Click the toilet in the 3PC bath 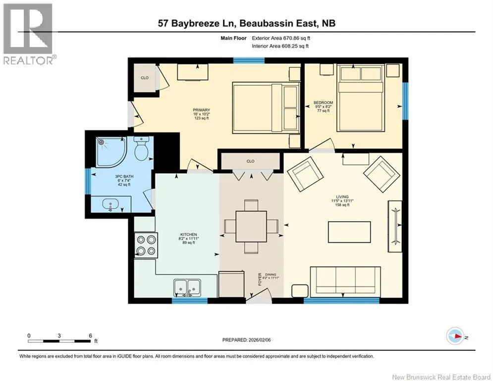point(141,148)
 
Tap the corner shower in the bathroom point(110,152)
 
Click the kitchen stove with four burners point(146,245)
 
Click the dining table point(251,226)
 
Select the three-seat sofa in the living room point(345,282)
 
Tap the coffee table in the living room point(349,232)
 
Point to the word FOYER point(260,279)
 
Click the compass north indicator point(455,337)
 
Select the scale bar point(59,341)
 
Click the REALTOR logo point(28,34)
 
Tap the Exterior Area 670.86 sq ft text point(281,38)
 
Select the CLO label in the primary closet point(145,78)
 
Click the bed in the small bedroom point(361,98)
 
